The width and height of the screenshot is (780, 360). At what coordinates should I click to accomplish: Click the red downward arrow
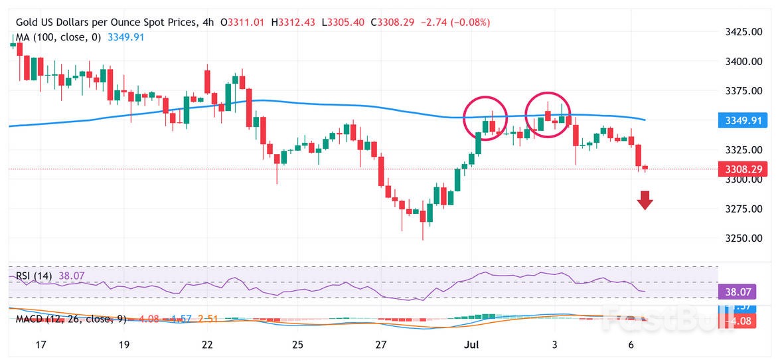coord(645,200)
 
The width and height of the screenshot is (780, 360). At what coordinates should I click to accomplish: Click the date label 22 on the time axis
coord(208,345)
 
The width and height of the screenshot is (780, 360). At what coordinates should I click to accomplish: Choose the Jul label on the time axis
coord(471,345)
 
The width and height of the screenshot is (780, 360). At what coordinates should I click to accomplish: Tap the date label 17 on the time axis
coord(41,345)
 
